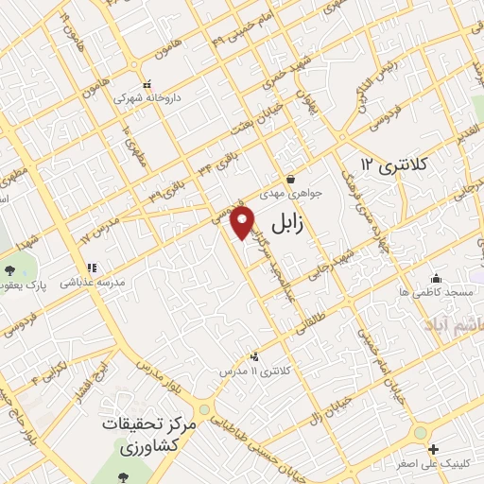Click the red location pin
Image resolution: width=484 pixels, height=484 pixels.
[x=243, y=223]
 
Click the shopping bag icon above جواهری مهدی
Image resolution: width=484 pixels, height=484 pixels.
[x=290, y=178]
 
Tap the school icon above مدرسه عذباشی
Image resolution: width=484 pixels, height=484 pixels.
[x=92, y=268]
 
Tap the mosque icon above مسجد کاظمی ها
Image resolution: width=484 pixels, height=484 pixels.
[x=436, y=278]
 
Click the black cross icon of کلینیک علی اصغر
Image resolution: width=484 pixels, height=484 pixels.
[x=433, y=449]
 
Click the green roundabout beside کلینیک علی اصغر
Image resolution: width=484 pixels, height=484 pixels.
[x=420, y=433]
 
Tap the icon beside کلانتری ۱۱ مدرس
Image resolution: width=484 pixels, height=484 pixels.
[x=253, y=357]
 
